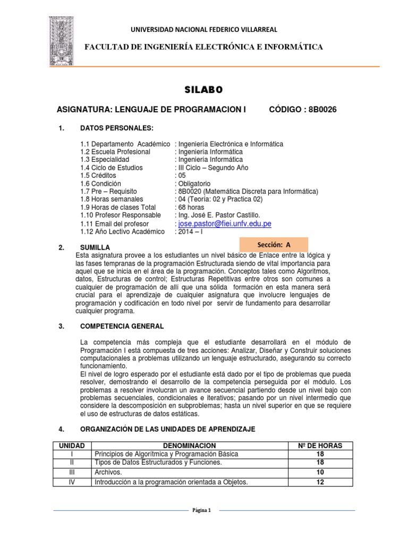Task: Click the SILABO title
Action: click(204, 89)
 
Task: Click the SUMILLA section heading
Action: click(95, 247)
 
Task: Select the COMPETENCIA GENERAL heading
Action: click(122, 326)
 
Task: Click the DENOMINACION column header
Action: click(189, 445)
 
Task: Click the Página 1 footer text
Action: click(204, 510)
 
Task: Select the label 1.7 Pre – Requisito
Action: click(109, 191)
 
